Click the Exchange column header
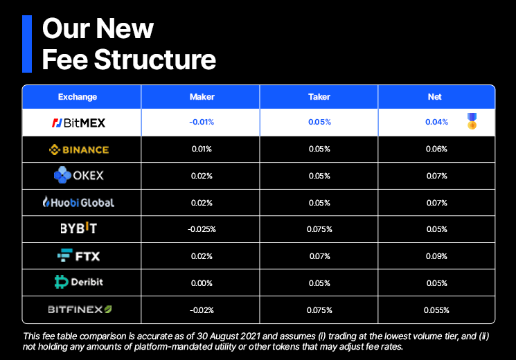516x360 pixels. pyautogui.click(x=78, y=97)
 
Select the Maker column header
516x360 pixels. pyautogui.click(x=202, y=97)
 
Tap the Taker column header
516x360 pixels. pyautogui.click(x=319, y=97)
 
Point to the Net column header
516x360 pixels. pyautogui.click(x=434, y=97)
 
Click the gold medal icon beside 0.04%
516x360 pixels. pyautogui.click(x=472, y=121)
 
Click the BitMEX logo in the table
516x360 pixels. pyautogui.click(x=79, y=123)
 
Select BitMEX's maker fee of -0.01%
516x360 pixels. pyautogui.click(x=202, y=122)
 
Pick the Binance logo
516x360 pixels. pyautogui.click(x=79, y=150)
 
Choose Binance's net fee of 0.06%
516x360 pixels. pyautogui.click(x=436, y=149)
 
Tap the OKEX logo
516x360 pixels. pyautogui.click(x=79, y=175)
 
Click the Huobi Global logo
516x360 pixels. pyautogui.click(x=79, y=202)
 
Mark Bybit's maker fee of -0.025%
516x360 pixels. pyautogui.click(x=202, y=229)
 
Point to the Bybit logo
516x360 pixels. pyautogui.click(x=79, y=228)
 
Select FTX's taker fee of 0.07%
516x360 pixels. pyautogui.click(x=319, y=256)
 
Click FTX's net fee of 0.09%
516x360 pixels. pyautogui.click(x=436, y=256)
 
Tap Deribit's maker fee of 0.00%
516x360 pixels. pyautogui.click(x=202, y=283)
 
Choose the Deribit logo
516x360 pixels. pyautogui.click(x=79, y=282)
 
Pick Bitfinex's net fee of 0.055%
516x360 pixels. pyautogui.click(x=436, y=310)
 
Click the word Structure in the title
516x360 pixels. pyautogui.click(x=155, y=60)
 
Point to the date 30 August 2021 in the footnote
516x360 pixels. pyautogui.click(x=229, y=336)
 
